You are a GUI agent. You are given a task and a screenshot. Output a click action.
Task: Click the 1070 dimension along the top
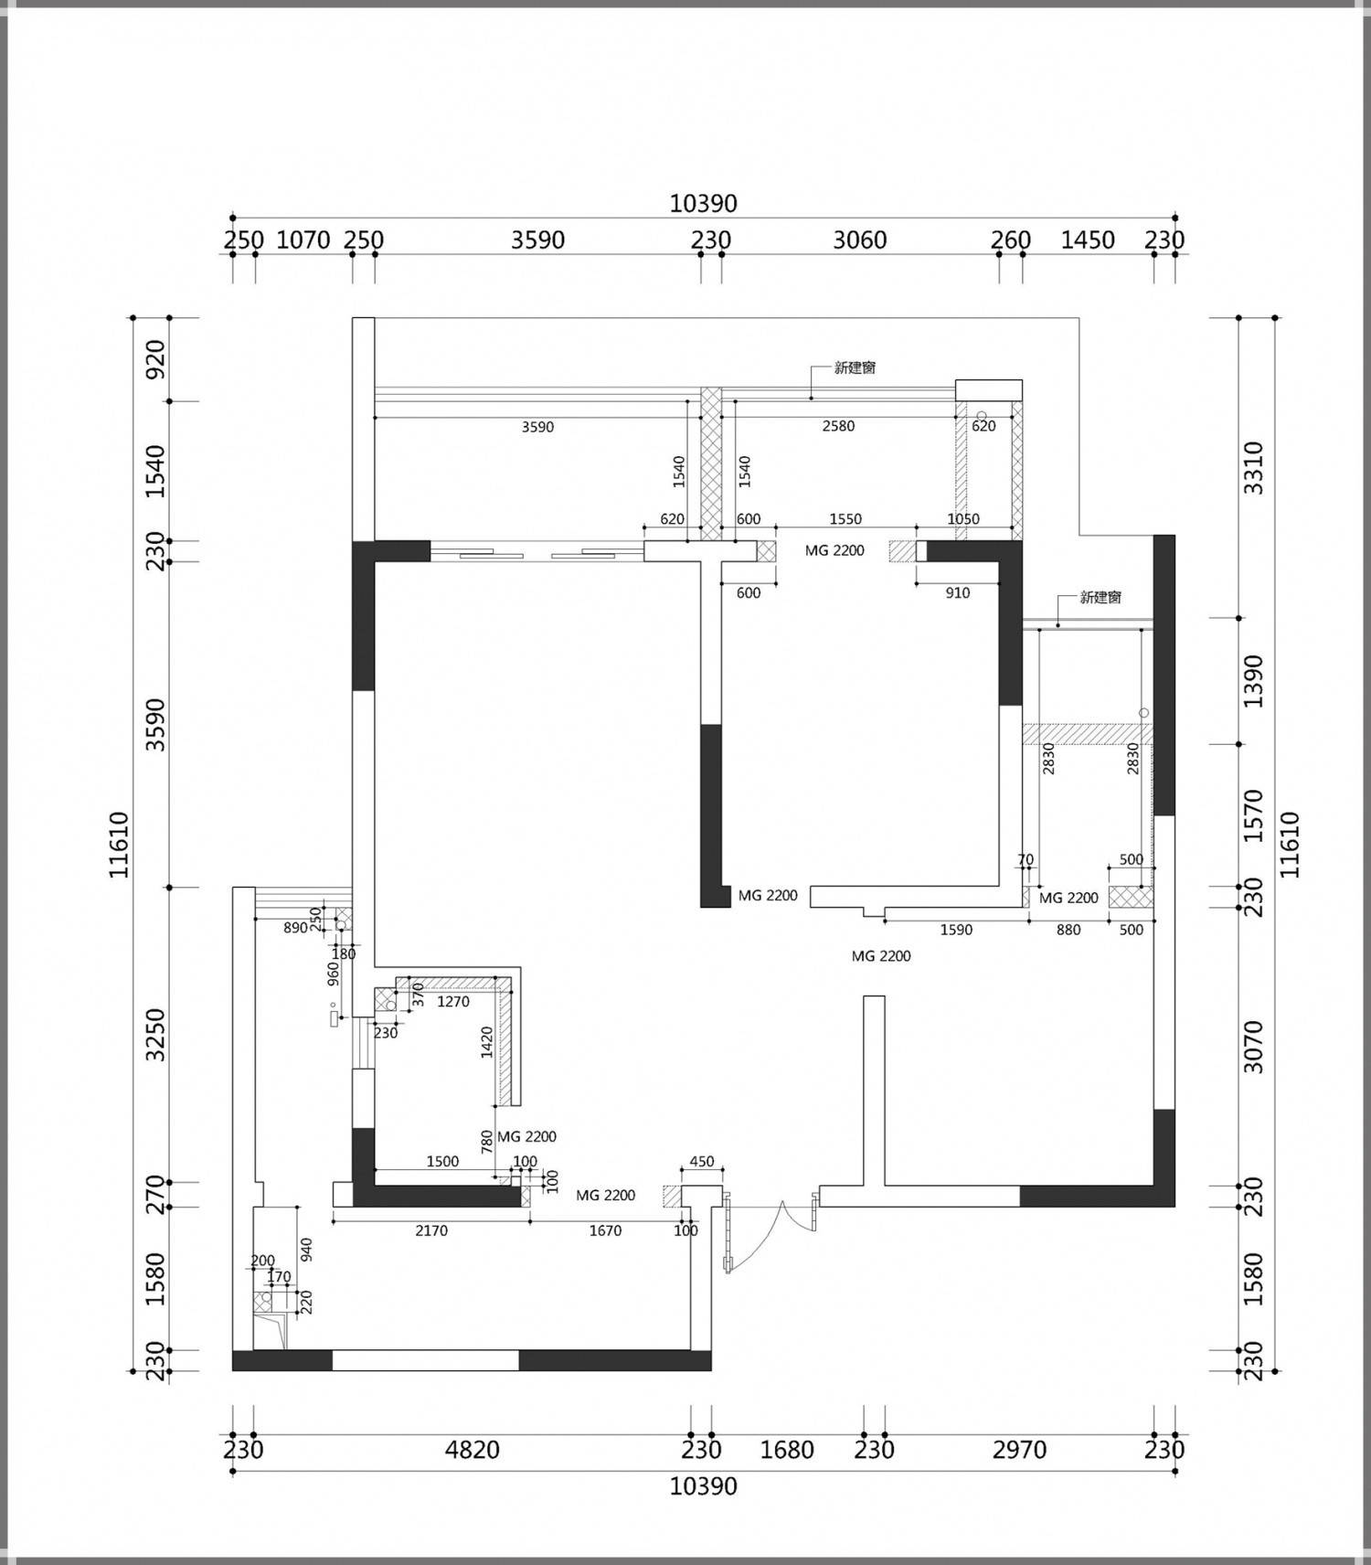pos(303,240)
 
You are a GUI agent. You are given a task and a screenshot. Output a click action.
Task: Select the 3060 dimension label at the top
pos(860,240)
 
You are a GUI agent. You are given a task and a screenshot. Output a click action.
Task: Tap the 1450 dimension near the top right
pos(1088,240)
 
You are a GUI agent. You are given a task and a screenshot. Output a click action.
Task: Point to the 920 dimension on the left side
pos(156,359)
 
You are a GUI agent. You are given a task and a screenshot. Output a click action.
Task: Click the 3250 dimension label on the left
pos(156,1035)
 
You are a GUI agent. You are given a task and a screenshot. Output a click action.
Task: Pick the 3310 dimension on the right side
pos(1254,467)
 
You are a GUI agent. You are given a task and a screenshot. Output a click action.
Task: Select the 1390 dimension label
pos(1254,680)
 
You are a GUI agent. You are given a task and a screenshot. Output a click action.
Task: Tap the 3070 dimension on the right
pos(1254,1047)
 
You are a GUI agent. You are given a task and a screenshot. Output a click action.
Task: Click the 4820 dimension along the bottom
pos(473,1450)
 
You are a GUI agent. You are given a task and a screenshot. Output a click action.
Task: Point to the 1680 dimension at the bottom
pos(787,1450)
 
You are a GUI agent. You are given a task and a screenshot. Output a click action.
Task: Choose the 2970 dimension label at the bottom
pos(1019,1450)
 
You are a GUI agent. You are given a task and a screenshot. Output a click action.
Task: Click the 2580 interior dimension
pos(838,426)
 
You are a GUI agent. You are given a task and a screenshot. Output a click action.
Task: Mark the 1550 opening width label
pos(845,518)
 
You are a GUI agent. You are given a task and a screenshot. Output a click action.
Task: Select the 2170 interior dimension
pos(431,1230)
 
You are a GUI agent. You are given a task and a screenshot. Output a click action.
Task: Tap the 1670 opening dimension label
pos(605,1230)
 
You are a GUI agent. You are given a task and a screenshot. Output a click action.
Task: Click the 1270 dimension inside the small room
pos(453,1002)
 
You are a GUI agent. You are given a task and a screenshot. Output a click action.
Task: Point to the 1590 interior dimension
pos(956,930)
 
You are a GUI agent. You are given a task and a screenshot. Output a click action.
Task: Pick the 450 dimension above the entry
pos(702,1162)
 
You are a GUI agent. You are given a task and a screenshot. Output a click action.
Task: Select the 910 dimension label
pos(958,592)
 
